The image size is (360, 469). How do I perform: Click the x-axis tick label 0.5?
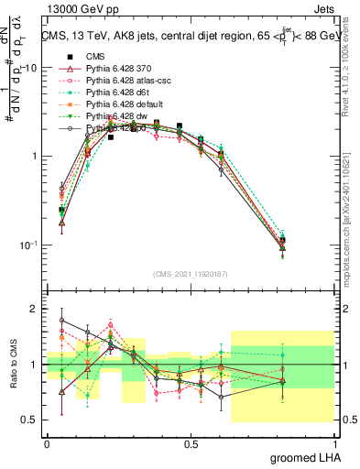pyautogui.click(x=191, y=443)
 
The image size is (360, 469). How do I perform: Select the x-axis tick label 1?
pyautogui.click(x=334, y=443)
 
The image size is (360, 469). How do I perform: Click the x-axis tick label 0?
pyautogui.click(x=47, y=443)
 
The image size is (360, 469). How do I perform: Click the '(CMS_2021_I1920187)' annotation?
pyautogui.click(x=191, y=275)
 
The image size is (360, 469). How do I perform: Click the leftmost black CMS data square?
pyautogui.click(x=61, y=210)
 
